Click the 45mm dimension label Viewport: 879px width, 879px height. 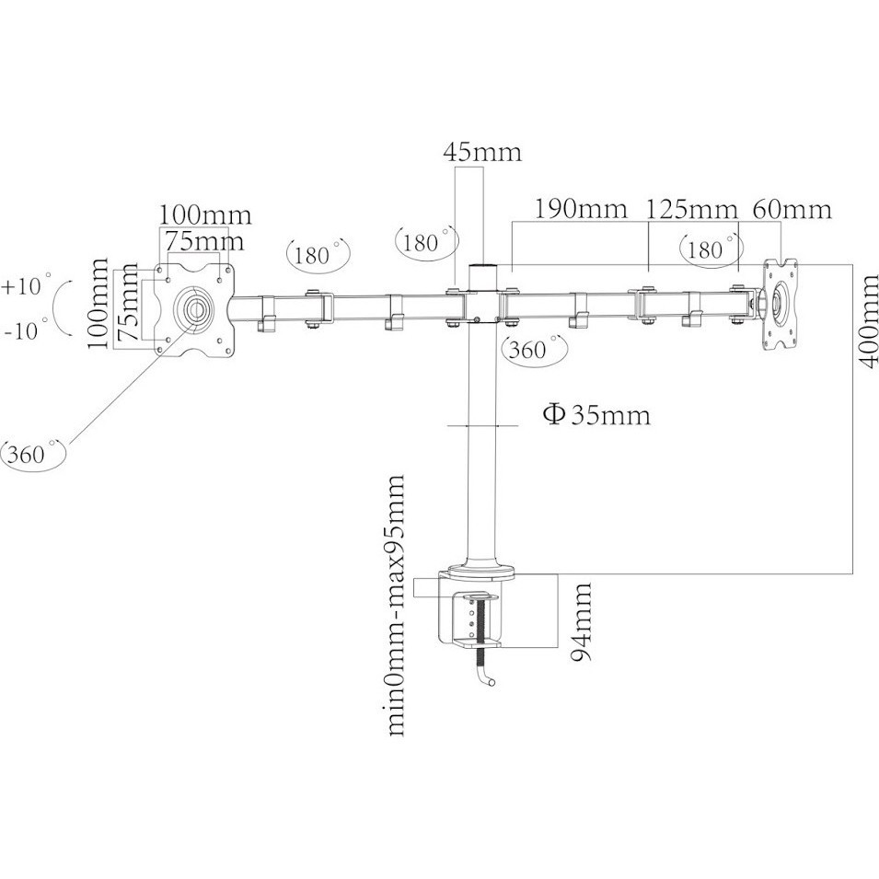click(482, 152)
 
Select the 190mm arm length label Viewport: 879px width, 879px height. click(580, 209)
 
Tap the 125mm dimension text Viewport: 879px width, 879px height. click(691, 210)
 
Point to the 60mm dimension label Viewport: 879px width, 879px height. click(792, 210)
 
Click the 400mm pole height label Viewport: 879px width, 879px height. click(868, 321)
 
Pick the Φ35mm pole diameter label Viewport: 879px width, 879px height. click(596, 414)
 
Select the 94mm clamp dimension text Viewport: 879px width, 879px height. click(582, 622)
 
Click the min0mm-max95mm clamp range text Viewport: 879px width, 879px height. click(396, 606)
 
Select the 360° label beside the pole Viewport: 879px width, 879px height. click(535, 350)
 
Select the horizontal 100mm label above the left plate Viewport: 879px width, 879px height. click(205, 215)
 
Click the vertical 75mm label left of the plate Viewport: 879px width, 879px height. click(128, 302)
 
